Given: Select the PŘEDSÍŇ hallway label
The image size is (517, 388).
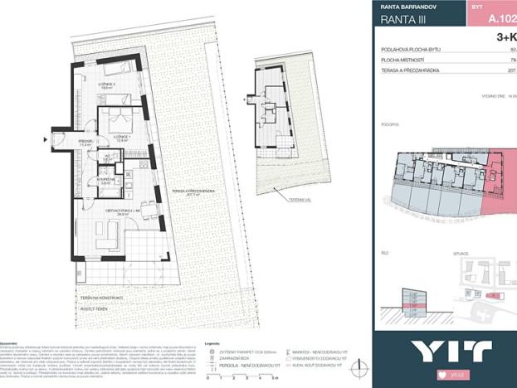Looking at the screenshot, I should tap(85, 143).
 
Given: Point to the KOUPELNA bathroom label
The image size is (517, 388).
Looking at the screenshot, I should tap(105, 179).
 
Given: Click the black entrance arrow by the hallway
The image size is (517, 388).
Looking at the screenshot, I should tap(46, 143).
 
